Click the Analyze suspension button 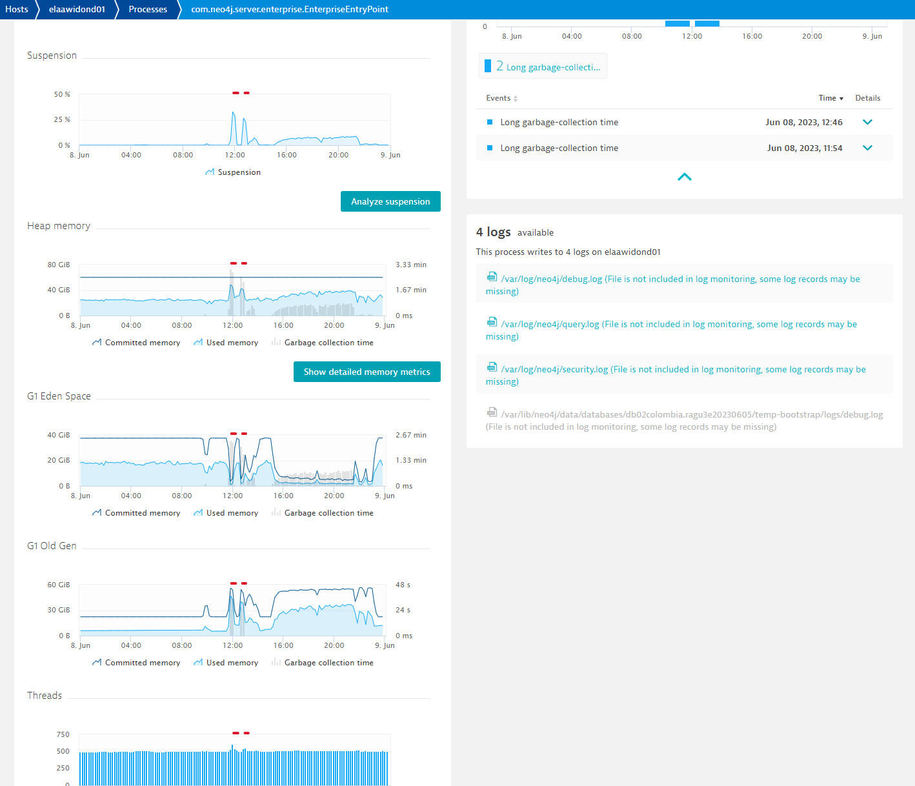pyautogui.click(x=390, y=201)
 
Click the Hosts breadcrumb pyautogui.click(x=17, y=9)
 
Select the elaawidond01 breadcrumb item pyautogui.click(x=77, y=9)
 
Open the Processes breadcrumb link pyautogui.click(x=148, y=9)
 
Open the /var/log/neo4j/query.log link pyautogui.click(x=550, y=324)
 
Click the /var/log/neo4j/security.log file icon pyautogui.click(x=492, y=367)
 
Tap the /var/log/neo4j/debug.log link pyautogui.click(x=552, y=279)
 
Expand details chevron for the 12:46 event pyautogui.click(x=867, y=122)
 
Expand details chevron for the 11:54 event pyautogui.click(x=867, y=148)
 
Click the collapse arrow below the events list pyautogui.click(x=685, y=177)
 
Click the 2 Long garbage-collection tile pyautogui.click(x=543, y=66)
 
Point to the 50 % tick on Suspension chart pyautogui.click(x=62, y=94)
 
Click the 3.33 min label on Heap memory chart pyautogui.click(x=410, y=265)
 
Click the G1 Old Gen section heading pyautogui.click(x=52, y=546)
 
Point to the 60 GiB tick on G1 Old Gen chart pyautogui.click(x=58, y=585)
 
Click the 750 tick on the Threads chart pyautogui.click(x=63, y=734)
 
